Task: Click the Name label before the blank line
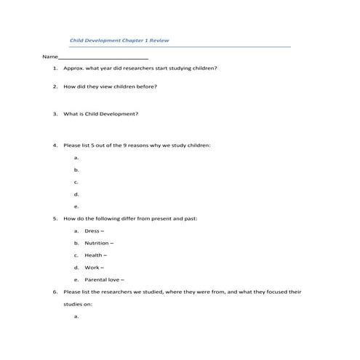[49, 57]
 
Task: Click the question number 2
[55, 87]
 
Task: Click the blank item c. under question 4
[76, 182]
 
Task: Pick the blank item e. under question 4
[76, 206]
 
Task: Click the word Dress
[92, 231]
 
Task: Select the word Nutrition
[97, 243]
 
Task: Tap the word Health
[93, 255]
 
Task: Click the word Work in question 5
[92, 268]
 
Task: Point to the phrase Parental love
[103, 280]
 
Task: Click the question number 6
[55, 292]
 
